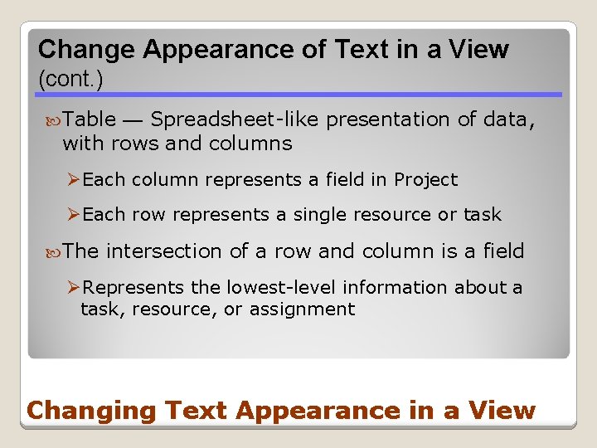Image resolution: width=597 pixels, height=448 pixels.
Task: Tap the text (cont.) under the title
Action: [x=70, y=80]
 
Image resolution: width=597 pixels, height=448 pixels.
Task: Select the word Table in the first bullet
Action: [x=90, y=119]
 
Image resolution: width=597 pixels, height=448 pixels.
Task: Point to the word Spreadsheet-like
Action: [x=235, y=119]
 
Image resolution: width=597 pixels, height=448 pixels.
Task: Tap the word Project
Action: [x=425, y=180]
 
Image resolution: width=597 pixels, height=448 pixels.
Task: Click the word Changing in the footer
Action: [x=91, y=411]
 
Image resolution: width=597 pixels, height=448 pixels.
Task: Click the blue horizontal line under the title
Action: [x=298, y=95]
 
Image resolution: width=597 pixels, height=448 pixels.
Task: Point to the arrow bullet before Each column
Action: [x=73, y=180]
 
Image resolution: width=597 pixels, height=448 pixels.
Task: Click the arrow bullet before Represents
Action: [x=73, y=288]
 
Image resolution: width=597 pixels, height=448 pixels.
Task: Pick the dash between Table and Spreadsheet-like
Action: [x=133, y=120]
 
